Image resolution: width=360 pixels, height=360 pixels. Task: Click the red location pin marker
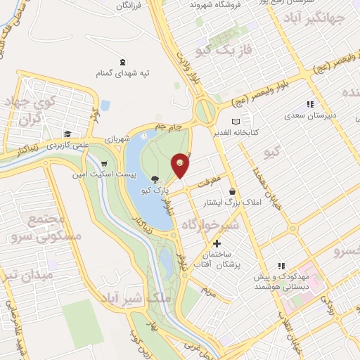(181, 163)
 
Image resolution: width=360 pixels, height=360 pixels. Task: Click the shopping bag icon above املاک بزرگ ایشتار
(232, 192)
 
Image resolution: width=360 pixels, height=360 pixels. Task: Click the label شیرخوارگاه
(210, 224)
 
